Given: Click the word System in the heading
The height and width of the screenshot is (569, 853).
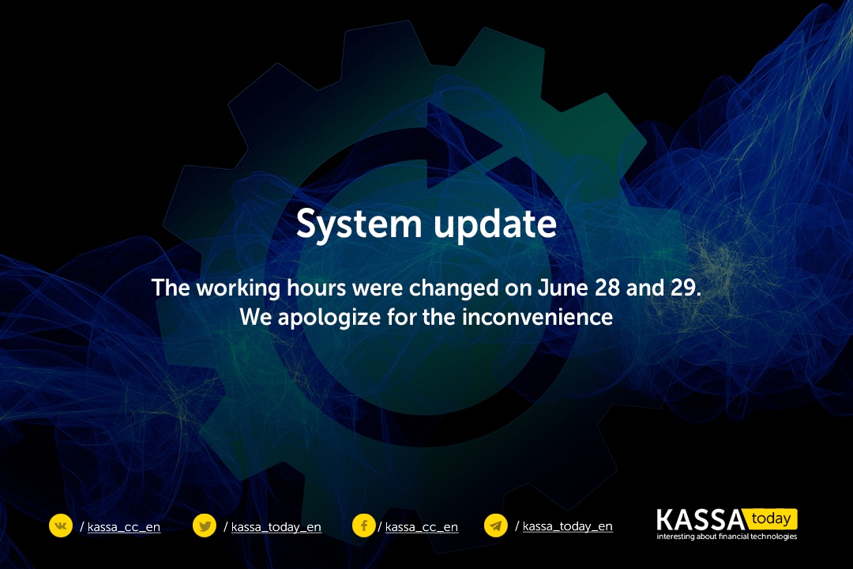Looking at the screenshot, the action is (359, 224).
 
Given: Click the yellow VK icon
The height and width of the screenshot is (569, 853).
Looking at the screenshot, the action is (61, 526).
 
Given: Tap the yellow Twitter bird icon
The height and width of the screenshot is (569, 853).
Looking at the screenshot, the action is (205, 526).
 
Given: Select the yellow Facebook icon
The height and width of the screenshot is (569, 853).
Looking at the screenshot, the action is (364, 526).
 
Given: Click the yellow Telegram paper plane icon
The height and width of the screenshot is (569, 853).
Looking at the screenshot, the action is (495, 526).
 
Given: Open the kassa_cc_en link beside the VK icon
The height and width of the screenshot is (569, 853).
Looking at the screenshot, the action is (124, 527).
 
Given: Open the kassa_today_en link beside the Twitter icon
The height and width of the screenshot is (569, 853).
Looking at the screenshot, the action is (276, 527).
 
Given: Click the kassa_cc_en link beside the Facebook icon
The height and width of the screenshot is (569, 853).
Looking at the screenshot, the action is (422, 527).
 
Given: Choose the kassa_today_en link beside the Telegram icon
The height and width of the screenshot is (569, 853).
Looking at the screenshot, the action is (567, 526).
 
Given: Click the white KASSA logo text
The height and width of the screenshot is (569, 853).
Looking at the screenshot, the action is (701, 520).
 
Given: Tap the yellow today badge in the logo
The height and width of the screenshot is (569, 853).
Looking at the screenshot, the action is (772, 519).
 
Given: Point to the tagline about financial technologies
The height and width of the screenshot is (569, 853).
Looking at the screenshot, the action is (727, 537).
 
